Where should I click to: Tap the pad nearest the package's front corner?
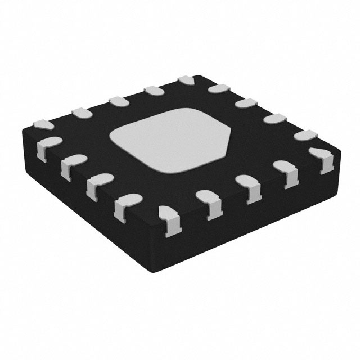click(168, 215)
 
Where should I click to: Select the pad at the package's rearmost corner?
click(186, 82)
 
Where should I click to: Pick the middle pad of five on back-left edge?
click(118, 101)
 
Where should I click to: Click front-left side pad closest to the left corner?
click(47, 147)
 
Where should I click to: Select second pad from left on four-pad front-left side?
click(70, 165)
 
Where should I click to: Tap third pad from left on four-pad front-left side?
click(97, 184)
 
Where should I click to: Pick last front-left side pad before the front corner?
click(127, 204)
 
